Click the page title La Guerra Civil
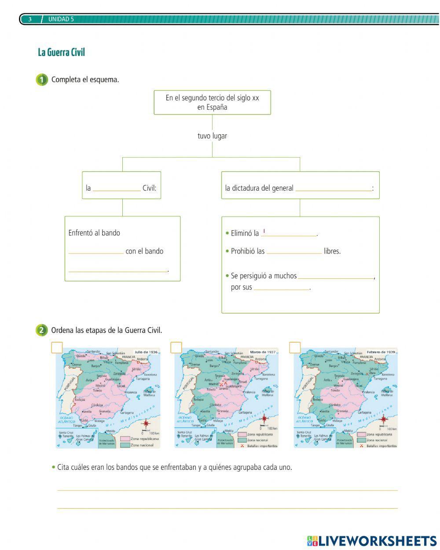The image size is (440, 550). (61, 52)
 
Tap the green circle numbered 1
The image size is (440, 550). (42, 80)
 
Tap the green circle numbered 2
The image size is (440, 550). (42, 330)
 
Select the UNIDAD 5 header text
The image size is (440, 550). (61, 19)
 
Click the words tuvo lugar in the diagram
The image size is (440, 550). (212, 136)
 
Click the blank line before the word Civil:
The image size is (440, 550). (117, 188)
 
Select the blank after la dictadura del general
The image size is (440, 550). (333, 188)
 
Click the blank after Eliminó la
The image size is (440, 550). (289, 233)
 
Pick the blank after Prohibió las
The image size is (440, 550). (294, 251)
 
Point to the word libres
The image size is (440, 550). (332, 251)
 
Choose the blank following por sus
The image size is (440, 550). (282, 288)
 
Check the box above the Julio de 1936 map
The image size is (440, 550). (57, 348)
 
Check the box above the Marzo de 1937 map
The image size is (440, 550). (176, 348)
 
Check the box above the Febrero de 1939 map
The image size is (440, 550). (295, 348)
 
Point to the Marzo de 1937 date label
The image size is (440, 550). (263, 352)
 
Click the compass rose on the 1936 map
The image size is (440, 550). (147, 424)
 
